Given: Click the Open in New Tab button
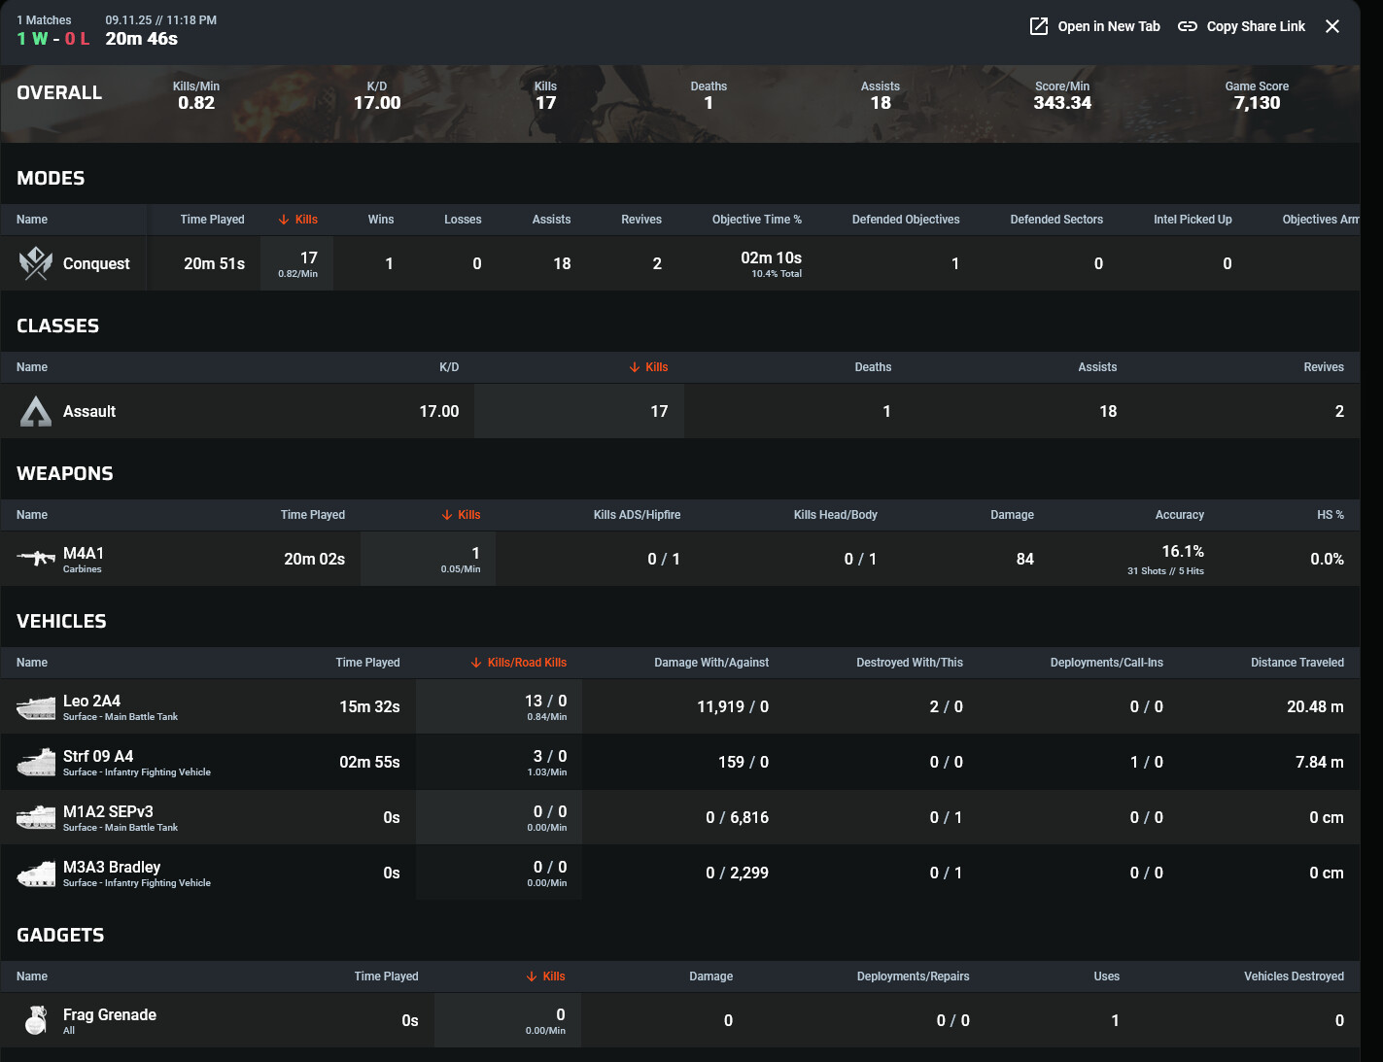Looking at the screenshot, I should [x=1095, y=26].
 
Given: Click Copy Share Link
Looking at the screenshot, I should [x=1242, y=26].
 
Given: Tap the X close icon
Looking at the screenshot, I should [x=1332, y=26].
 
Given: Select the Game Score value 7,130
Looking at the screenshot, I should [x=1257, y=103].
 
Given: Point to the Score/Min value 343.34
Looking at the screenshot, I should [x=1062, y=103].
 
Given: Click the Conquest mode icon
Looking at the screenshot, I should [x=36, y=263].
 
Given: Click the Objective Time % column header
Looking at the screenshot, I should [x=756, y=220].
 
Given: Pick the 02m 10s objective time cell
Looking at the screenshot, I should [x=772, y=258].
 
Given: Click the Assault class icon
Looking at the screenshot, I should [x=36, y=412].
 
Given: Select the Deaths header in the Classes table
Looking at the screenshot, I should [x=873, y=367].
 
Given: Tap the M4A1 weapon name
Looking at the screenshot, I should [x=84, y=553].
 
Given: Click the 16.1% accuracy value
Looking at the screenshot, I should [x=1183, y=552].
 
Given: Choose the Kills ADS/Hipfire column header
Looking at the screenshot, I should [x=637, y=515].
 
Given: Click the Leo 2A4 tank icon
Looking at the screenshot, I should [x=36, y=707].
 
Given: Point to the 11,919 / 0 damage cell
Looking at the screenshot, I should [x=733, y=706].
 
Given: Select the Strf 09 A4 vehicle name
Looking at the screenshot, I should [x=98, y=756].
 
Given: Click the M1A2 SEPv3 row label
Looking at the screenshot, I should [x=108, y=811].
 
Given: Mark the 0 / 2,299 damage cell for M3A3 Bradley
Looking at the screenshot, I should [x=737, y=873].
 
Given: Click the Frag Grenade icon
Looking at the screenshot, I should [x=36, y=1020].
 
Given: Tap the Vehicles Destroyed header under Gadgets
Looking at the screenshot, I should [x=1294, y=976].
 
